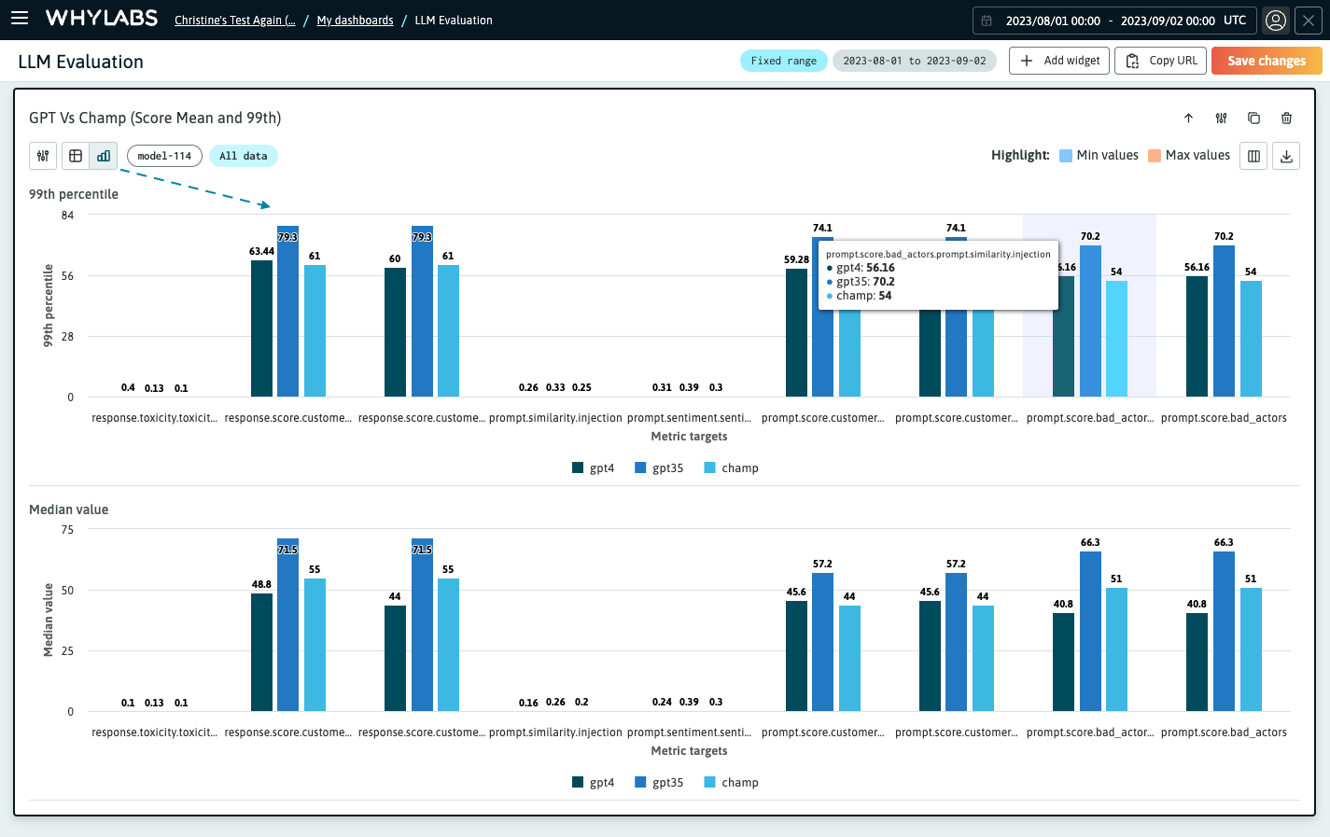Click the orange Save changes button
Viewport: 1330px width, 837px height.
1266,61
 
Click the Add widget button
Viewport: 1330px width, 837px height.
1059,61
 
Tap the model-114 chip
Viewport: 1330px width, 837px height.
164,156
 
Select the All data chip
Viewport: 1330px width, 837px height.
243,156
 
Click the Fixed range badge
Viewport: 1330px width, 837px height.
783,61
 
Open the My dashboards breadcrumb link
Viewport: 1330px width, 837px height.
355,21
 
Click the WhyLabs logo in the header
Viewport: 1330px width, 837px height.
102,19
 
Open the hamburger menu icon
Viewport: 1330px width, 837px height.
20,19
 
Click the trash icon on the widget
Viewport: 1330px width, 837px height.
1286,118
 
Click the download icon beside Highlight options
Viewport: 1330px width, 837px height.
1286,156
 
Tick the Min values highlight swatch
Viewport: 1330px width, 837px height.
1066,156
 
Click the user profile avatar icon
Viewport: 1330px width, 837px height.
1275,21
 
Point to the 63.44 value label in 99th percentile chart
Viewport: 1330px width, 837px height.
261,251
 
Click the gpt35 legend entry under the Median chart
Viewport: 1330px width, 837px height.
659,782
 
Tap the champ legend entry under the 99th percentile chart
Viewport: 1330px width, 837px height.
731,467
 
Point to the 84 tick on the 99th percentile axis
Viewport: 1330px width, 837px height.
67,216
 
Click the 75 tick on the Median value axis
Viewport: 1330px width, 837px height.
67,530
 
